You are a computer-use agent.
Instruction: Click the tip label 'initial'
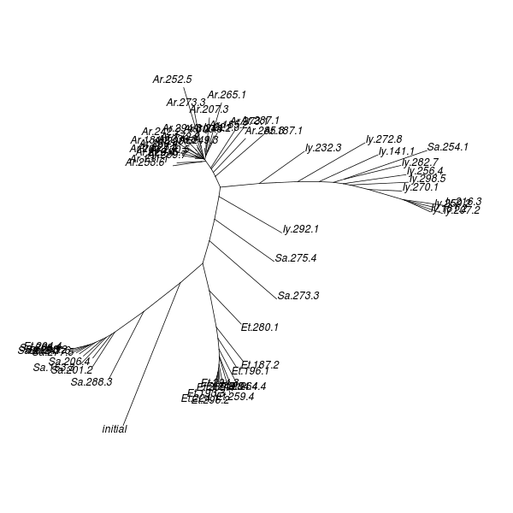point(115,429)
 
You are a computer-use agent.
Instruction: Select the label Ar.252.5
point(173,80)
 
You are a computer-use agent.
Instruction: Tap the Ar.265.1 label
point(227,95)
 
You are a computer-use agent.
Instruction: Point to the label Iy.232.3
point(323,148)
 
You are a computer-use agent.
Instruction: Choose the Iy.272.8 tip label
point(384,139)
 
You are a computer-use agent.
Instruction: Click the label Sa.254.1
point(448,147)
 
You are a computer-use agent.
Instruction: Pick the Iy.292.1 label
point(301,229)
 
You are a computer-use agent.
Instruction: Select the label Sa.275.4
point(296,258)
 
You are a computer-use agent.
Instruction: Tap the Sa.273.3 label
point(298,296)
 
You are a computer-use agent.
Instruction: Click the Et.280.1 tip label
point(260,327)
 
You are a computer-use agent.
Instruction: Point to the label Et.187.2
point(260,364)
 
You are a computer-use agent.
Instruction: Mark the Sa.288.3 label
point(91,382)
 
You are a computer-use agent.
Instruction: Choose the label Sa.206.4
point(69,362)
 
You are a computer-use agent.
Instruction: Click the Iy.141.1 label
point(397,151)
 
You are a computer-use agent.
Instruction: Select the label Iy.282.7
point(420,162)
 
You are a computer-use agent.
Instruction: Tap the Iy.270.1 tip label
point(420,187)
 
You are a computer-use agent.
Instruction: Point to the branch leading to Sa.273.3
point(243,268)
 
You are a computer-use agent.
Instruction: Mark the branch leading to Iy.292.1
point(251,213)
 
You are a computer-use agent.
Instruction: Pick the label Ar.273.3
point(186,103)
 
